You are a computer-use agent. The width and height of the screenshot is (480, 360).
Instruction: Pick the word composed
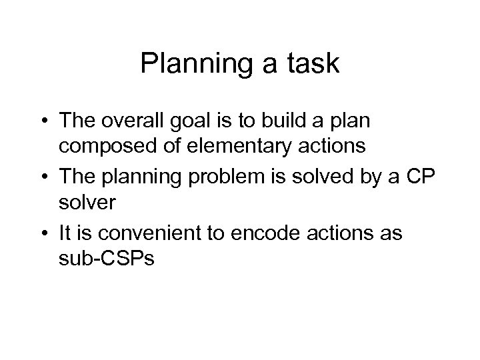click(105, 145)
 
